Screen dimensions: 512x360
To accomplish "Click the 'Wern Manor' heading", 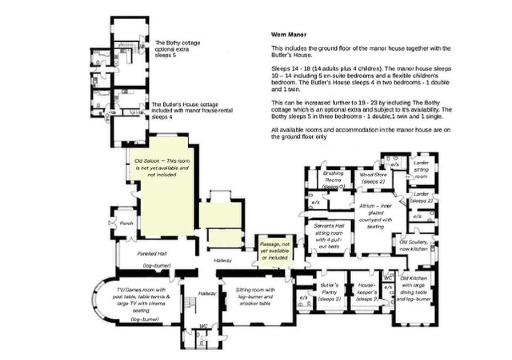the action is [289, 35].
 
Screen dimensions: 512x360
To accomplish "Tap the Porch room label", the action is [126, 224].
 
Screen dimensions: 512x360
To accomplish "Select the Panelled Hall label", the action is [152, 254].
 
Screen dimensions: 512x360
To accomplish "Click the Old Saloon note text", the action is [162, 168].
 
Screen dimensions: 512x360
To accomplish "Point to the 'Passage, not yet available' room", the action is [274, 251].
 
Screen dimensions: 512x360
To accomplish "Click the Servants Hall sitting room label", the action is [329, 236].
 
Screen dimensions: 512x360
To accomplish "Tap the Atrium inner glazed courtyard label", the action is [376, 216].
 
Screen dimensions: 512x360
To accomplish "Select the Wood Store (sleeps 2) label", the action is [373, 178].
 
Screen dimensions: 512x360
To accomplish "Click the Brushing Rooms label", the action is [333, 180].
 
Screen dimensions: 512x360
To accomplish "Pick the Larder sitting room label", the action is [421, 170].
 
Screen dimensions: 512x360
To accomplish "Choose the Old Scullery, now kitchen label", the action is [413, 246].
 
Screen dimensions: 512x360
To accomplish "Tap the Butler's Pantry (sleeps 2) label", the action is [329, 292].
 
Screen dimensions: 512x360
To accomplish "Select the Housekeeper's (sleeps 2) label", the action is [367, 292].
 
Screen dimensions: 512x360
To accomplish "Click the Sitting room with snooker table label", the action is [255, 297].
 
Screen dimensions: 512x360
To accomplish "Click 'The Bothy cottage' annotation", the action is [178, 49].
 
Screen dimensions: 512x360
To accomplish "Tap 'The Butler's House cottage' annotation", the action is [192, 111].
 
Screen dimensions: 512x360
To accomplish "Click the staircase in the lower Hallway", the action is [190, 305].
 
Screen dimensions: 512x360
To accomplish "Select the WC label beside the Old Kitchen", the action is [388, 278].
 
